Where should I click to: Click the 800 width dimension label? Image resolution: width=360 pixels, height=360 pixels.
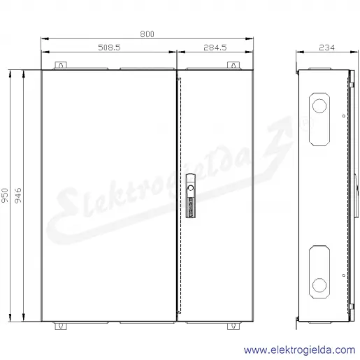coord(147,34)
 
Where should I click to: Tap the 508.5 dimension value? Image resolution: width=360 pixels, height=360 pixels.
coord(109,48)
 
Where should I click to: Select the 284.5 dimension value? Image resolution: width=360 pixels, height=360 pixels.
coord(215,48)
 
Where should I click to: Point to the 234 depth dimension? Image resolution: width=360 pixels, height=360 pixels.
coord(327,48)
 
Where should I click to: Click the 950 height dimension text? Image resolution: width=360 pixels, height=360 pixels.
coord(5,195)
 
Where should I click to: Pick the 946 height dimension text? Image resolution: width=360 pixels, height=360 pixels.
coord(18,195)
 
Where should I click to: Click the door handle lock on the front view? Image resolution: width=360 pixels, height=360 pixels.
coord(191,196)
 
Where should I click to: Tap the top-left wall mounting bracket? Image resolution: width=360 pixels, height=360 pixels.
coord(61,65)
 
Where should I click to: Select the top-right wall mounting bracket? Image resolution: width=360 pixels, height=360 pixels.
coord(233,65)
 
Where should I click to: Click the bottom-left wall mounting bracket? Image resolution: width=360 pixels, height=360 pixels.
coord(61,326)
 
